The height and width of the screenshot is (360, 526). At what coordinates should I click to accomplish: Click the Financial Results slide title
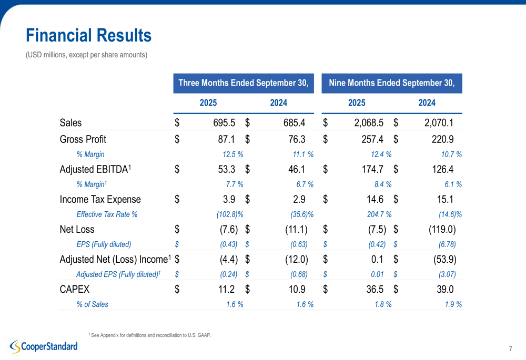click(88, 36)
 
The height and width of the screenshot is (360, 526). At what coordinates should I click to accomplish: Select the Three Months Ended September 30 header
click(243, 83)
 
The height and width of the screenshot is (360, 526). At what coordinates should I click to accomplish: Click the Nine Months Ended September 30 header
click(391, 83)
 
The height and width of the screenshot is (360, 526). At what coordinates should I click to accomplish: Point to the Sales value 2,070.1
click(439, 124)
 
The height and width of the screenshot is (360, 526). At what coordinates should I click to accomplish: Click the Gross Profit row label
click(83, 139)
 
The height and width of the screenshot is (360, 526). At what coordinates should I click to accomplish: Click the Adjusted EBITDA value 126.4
click(442, 169)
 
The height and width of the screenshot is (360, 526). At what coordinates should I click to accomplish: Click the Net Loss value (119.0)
click(439, 229)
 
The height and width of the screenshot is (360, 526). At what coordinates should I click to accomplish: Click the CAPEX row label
click(75, 290)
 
